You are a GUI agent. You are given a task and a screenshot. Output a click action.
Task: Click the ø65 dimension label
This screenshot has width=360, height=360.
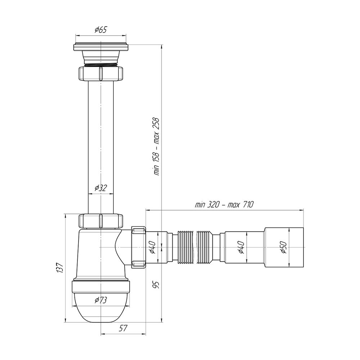(x=101, y=30)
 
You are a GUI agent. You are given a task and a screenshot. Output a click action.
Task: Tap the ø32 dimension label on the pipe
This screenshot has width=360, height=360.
(x=101, y=188)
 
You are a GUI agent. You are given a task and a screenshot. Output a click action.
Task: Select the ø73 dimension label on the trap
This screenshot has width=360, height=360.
(x=101, y=300)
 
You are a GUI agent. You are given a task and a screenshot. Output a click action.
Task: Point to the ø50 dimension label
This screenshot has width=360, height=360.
(x=284, y=247)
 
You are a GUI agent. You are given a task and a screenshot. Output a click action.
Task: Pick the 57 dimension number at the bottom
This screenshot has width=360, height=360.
(x=123, y=328)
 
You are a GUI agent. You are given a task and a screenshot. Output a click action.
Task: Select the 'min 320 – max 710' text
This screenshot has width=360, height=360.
(x=224, y=204)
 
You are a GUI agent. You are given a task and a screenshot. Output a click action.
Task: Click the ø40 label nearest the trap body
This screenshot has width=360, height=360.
(x=153, y=248)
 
